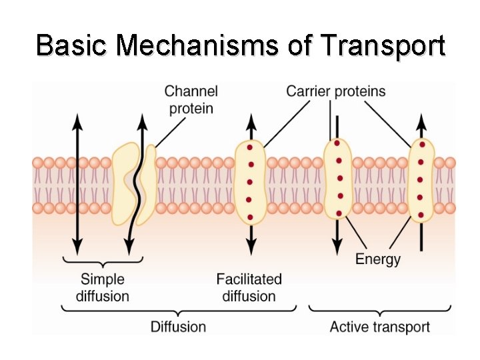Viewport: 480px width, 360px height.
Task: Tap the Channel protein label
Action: click(191, 99)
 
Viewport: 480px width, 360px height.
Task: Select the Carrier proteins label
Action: click(335, 91)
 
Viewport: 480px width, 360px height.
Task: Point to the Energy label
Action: click(377, 259)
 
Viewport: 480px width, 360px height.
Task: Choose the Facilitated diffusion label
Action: click(249, 287)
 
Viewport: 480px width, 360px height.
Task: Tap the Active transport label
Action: click(379, 327)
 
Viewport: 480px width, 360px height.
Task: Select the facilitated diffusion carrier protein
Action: click(250, 181)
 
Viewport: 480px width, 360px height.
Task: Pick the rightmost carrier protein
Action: click(421, 180)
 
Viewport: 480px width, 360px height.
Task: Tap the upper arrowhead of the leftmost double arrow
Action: click(77, 119)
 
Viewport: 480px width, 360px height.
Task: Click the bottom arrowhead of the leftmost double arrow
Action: click(77, 248)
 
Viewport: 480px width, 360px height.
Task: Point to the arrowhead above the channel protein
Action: click(142, 119)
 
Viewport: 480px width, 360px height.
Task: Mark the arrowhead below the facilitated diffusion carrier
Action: click(250, 248)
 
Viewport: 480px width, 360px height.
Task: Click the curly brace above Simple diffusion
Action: click(103, 261)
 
